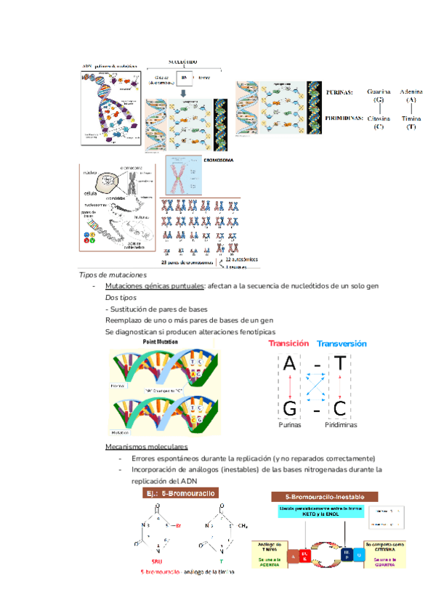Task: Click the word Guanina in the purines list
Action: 379,92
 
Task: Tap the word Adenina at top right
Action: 411,92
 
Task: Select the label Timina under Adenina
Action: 411,118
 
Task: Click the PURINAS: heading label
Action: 339,93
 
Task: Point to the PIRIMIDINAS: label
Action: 344,116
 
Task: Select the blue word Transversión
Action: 342,344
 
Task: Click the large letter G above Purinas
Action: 289,409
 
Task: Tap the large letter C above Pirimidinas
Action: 339,409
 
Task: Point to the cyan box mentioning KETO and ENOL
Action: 319,512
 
